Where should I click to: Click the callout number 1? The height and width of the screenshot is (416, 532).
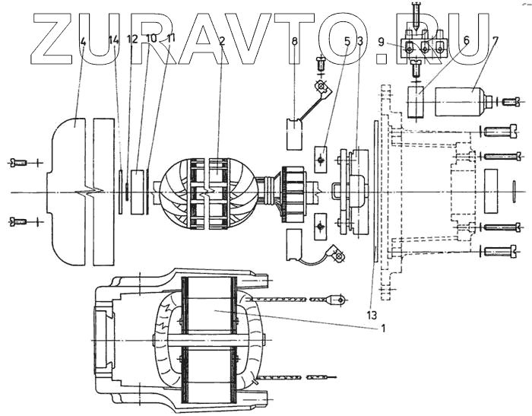point(383,329)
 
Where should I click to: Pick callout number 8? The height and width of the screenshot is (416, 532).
point(294,42)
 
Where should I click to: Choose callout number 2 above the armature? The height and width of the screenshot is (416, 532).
point(220,41)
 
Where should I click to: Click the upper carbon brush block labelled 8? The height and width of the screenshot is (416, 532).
point(294,132)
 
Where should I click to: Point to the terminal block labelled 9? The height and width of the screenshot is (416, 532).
point(426,47)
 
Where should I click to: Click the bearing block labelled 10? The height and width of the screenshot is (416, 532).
point(138,192)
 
